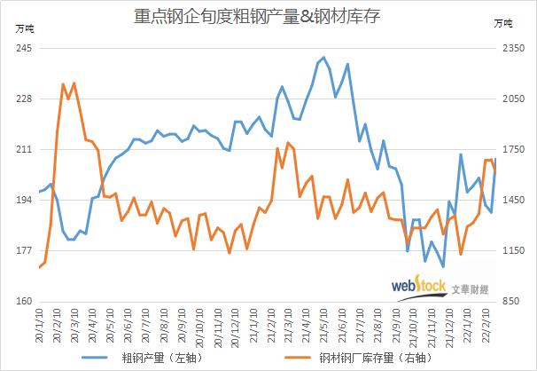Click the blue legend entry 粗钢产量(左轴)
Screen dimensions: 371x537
click(x=155, y=358)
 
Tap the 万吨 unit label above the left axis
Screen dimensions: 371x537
click(x=24, y=29)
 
